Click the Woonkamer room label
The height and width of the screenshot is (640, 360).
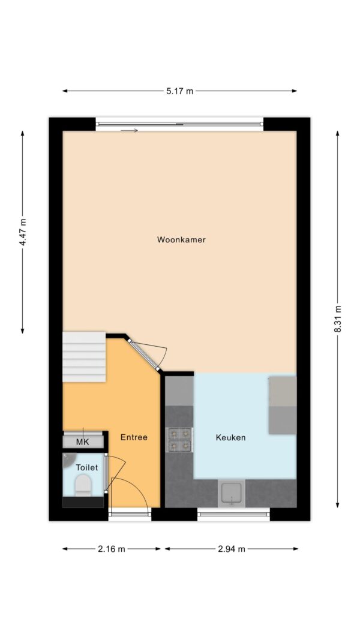pyautogui.click(x=181, y=239)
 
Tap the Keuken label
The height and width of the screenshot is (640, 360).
pyautogui.click(x=230, y=437)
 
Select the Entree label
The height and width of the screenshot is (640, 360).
pyautogui.click(x=134, y=437)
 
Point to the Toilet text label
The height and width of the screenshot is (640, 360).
pyautogui.click(x=87, y=467)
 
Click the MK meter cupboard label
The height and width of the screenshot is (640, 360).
pyautogui.click(x=82, y=442)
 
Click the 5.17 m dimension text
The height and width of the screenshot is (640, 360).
pyautogui.click(x=179, y=91)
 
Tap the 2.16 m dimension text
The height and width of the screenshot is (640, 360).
pyautogui.click(x=112, y=549)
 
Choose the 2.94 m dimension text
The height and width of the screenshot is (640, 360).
pyautogui.click(x=232, y=549)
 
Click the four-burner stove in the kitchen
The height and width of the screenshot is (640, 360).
pyautogui.click(x=180, y=440)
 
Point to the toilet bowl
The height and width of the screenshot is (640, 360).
pyautogui.click(x=83, y=485)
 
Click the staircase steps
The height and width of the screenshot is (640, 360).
pyautogui.click(x=84, y=357)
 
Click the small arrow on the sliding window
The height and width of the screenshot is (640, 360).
pyautogui.click(x=130, y=131)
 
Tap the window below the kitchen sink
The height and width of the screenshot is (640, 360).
pyautogui.click(x=233, y=514)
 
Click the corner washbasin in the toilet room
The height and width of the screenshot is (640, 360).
pyautogui.click(x=68, y=458)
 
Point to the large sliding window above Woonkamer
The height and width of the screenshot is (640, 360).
pyautogui.click(x=179, y=124)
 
